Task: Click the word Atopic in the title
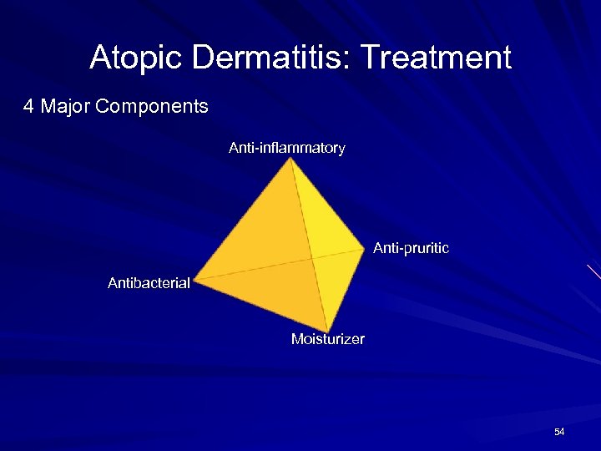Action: [x=137, y=58]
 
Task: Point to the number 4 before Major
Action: [x=28, y=107]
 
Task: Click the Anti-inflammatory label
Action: [x=286, y=148]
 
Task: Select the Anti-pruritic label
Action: [x=411, y=248]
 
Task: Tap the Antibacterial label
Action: [x=149, y=283]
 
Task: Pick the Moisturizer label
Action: [x=327, y=339]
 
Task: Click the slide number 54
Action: [x=559, y=432]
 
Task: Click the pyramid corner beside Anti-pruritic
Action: [x=366, y=247]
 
